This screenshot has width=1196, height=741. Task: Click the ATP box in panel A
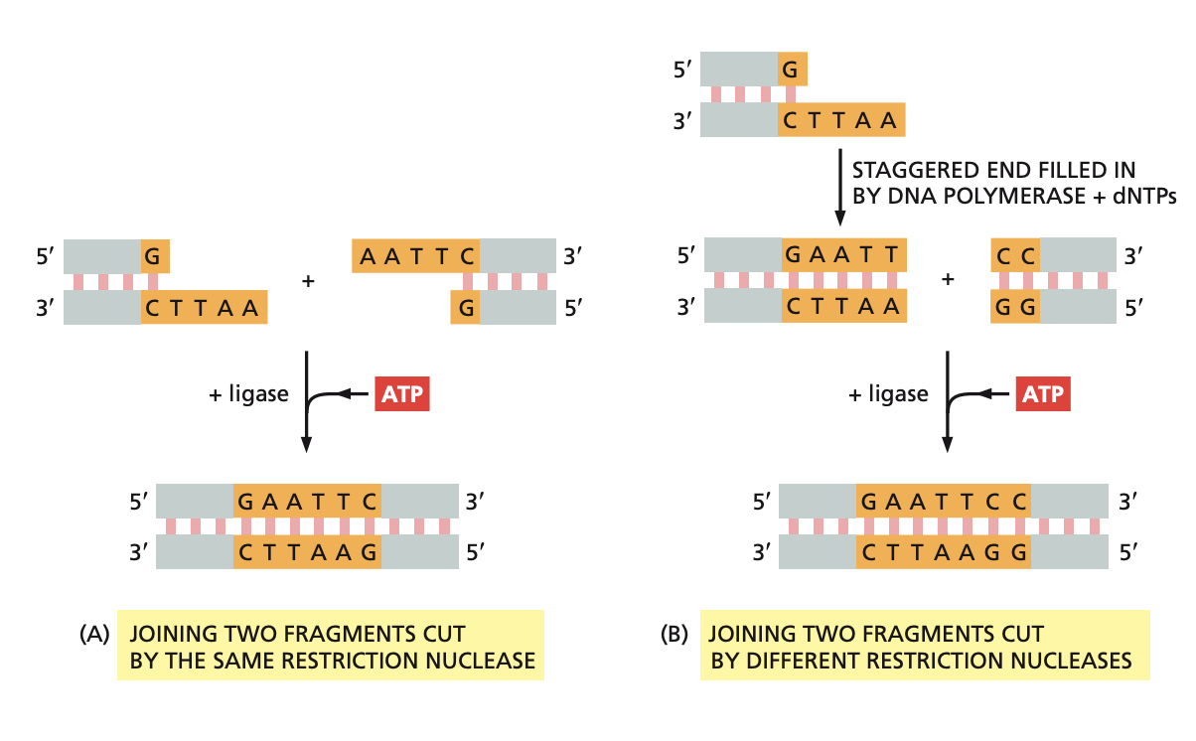[x=402, y=395]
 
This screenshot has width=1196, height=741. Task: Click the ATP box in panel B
[x=1042, y=395]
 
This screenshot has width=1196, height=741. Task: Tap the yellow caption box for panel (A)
[x=332, y=645]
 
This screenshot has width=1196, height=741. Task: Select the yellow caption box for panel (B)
[x=924, y=645]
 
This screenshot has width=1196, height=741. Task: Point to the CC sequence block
[x=1015, y=256]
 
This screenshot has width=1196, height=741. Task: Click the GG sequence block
[x=1015, y=307]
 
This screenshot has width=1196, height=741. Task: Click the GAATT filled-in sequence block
[x=843, y=256]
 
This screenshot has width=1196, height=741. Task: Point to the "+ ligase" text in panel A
[x=248, y=394]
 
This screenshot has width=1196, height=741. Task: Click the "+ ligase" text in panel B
[x=888, y=394]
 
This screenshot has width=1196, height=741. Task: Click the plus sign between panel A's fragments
[x=308, y=282]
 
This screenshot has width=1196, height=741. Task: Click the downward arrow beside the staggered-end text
[x=840, y=188]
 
